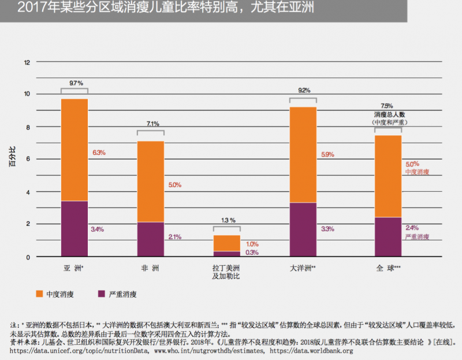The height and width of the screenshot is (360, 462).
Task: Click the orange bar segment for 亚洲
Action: coord(74,150)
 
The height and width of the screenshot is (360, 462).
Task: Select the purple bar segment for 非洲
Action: coord(150,239)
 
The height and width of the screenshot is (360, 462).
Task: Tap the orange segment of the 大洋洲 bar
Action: coord(303,154)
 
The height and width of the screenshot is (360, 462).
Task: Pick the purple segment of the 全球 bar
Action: coord(388,236)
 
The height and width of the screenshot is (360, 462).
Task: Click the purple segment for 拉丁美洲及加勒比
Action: coord(227,253)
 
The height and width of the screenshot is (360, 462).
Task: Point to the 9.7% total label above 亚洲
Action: coord(74,84)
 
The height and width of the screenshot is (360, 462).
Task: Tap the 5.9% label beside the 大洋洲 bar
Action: coord(327,154)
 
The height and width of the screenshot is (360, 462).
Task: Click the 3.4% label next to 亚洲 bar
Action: coord(97,229)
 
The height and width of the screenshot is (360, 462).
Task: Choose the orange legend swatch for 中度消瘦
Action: coord(40,294)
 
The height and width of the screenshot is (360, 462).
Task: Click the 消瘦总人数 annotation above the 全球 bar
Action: coord(388,114)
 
